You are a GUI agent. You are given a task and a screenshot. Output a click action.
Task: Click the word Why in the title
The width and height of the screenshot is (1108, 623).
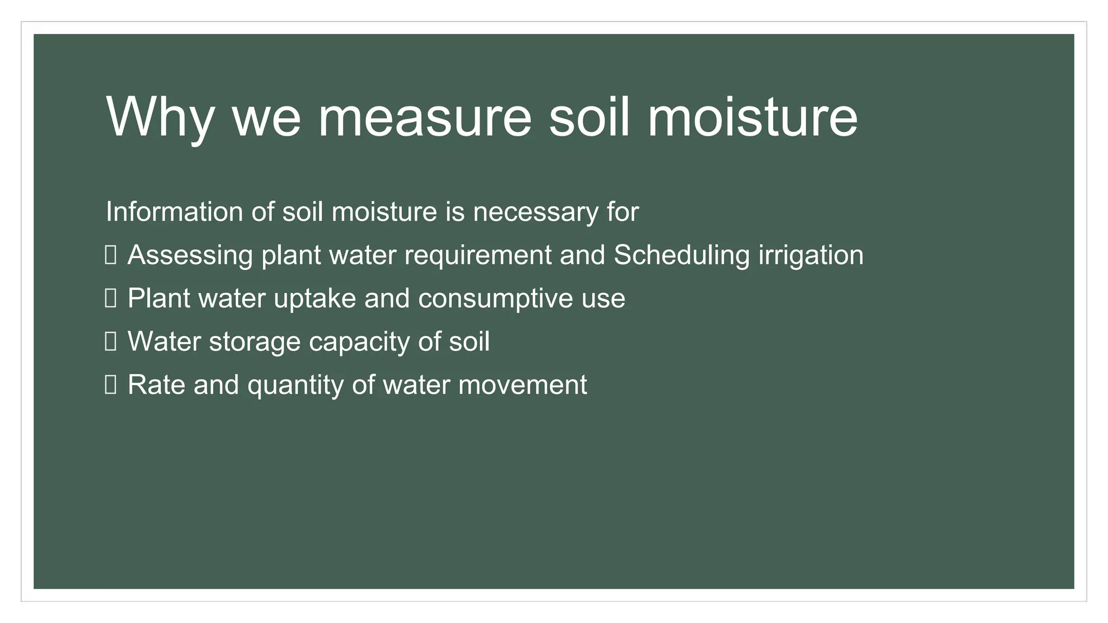pyautogui.click(x=161, y=117)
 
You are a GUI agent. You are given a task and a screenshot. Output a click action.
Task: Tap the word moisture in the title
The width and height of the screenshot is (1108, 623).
pyautogui.click(x=753, y=117)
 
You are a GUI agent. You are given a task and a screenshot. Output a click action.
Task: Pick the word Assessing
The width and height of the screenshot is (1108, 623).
pyautogui.click(x=190, y=255)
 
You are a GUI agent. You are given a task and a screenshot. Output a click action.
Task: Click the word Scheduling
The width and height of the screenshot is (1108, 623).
pyautogui.click(x=682, y=255)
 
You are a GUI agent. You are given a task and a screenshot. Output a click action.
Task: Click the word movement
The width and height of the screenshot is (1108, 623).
pyautogui.click(x=523, y=385)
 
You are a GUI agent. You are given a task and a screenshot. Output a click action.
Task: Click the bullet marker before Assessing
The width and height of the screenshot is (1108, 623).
pyautogui.click(x=110, y=255)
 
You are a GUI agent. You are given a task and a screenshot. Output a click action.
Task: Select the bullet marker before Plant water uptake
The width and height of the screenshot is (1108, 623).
pyautogui.click(x=110, y=298)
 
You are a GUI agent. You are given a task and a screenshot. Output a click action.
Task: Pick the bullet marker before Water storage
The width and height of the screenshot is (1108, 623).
pyautogui.click(x=110, y=341)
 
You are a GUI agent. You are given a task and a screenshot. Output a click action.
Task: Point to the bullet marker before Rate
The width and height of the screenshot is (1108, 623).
pyautogui.click(x=110, y=385)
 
